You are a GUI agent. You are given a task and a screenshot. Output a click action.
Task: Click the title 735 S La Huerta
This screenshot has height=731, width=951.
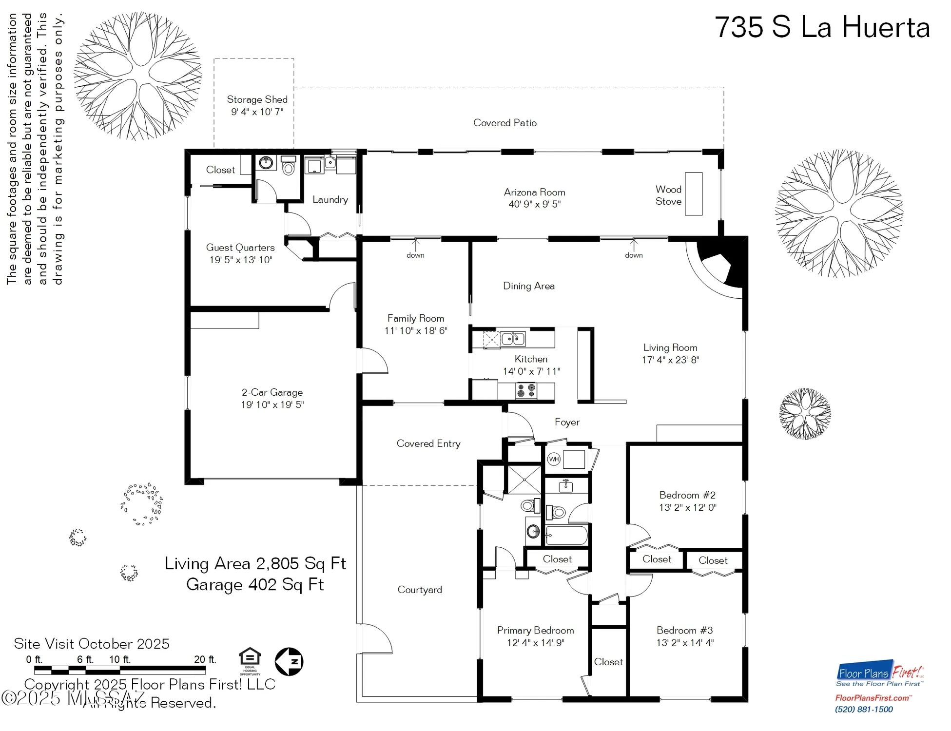822,27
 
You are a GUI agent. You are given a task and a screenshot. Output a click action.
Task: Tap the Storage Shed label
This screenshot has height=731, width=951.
257,99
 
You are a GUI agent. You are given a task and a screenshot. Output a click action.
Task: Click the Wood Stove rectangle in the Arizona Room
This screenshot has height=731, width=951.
693,193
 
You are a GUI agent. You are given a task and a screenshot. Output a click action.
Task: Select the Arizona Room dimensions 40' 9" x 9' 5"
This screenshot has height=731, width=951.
534,204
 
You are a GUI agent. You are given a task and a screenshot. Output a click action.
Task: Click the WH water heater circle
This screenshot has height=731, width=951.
554,459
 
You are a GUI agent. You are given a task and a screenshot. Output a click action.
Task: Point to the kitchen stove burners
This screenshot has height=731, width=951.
526,390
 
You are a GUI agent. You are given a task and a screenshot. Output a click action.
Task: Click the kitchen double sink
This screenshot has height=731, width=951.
513,338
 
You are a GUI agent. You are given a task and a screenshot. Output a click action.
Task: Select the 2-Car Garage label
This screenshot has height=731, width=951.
272,392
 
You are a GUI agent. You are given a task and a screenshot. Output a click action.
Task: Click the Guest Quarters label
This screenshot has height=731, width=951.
240,248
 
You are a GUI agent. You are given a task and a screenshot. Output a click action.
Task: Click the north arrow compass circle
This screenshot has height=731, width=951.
289,661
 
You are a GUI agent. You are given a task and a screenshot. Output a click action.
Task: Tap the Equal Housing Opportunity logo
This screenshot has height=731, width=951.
250,660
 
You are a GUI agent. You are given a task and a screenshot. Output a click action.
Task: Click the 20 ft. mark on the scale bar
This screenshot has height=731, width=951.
205,659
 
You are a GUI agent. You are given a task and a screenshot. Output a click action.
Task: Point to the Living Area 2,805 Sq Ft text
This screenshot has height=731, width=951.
255,563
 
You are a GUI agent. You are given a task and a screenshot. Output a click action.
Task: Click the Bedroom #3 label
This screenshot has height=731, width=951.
684,630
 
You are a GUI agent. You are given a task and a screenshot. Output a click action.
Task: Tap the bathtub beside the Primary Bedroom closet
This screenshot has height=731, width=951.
566,536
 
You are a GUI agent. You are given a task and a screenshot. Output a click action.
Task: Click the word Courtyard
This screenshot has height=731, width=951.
420,590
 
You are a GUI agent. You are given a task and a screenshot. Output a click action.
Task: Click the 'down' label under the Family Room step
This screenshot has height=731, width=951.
415,255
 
